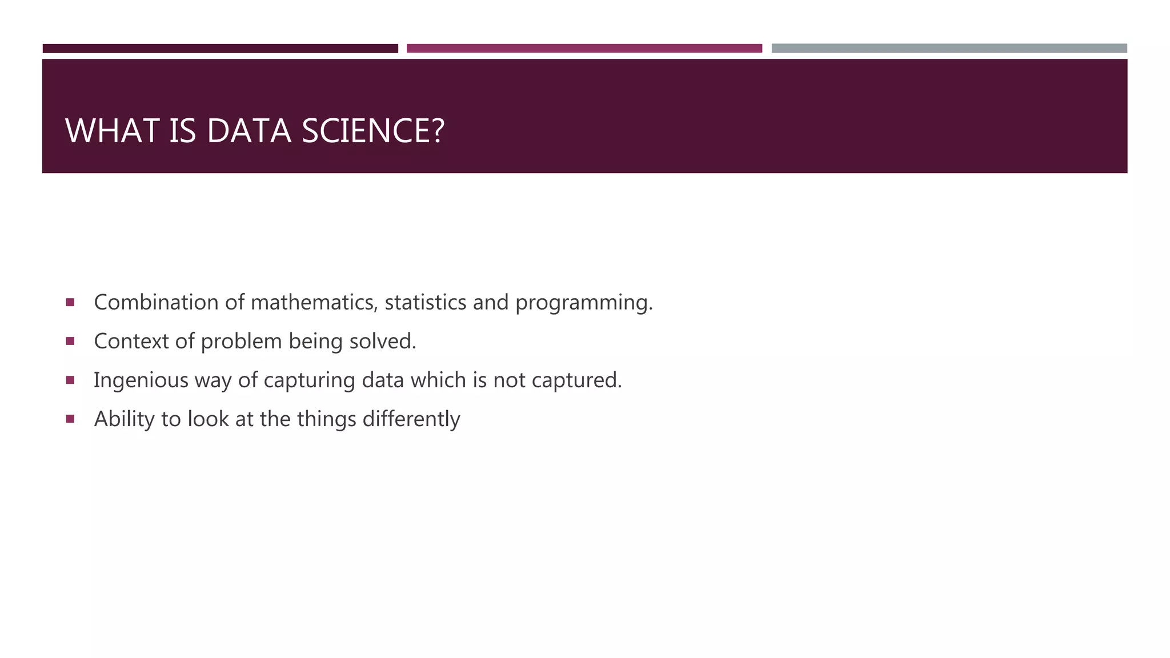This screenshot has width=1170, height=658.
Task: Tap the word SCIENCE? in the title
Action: click(x=372, y=131)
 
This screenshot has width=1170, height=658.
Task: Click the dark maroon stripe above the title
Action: click(x=220, y=49)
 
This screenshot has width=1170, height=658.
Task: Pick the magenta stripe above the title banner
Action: click(x=584, y=49)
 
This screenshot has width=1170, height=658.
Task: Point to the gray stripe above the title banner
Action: click(x=949, y=49)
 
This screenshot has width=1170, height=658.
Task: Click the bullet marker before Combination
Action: click(x=70, y=302)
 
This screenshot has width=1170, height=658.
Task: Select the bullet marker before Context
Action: click(x=70, y=341)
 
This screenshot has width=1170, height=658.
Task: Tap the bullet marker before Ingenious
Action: click(x=70, y=380)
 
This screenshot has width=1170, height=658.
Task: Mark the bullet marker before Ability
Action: click(x=70, y=419)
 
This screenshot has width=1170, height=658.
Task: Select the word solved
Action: click(x=383, y=341)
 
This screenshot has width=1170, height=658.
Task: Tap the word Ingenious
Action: click(x=141, y=380)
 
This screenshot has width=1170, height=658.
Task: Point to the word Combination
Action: click(x=156, y=302)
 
